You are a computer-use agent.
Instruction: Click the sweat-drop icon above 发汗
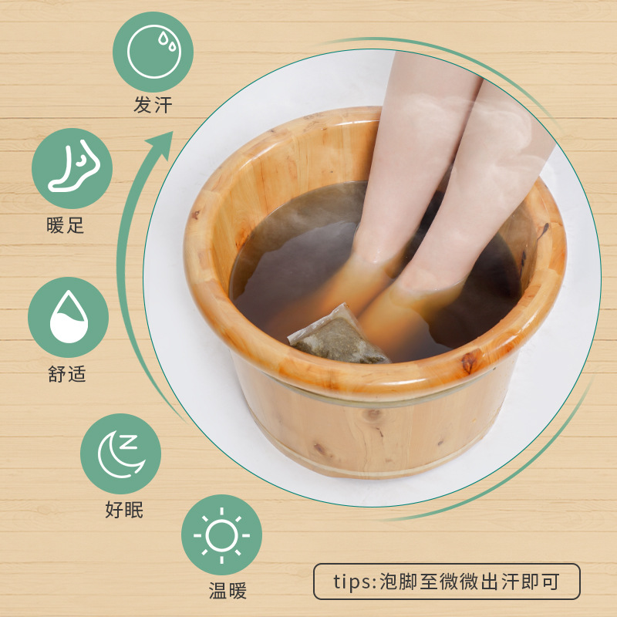point(153,52)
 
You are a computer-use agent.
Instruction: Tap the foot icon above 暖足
point(72,168)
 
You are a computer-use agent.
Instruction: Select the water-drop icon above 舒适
point(69,317)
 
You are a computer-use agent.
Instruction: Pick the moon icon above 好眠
point(120,453)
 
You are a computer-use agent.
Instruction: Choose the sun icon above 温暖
point(221,534)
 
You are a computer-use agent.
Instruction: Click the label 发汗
point(153,105)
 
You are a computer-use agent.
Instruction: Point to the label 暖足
point(66,225)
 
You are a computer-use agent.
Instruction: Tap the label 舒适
point(67,374)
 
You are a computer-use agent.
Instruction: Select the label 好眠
point(124,510)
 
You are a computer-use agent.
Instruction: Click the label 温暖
point(228,591)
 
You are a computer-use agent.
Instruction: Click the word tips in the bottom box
point(352,582)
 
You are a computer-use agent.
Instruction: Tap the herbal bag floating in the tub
point(339,335)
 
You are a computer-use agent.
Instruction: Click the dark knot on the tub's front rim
point(468,362)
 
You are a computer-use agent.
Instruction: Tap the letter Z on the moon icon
point(129,442)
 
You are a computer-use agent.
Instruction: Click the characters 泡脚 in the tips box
point(398,582)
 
